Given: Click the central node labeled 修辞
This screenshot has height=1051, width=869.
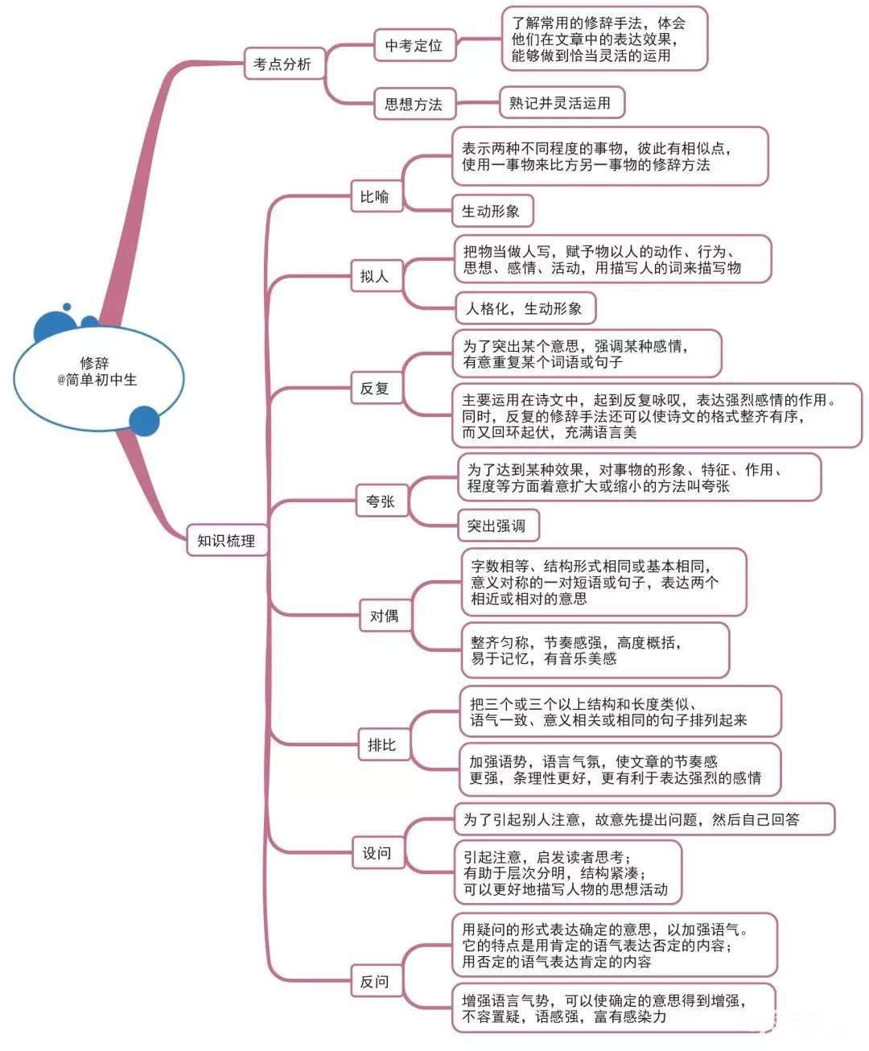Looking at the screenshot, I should (x=98, y=371).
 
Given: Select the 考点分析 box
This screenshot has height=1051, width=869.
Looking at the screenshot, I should (x=283, y=64).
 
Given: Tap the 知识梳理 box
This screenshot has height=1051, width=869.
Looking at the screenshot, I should (x=226, y=541).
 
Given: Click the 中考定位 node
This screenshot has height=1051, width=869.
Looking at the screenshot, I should (x=414, y=46).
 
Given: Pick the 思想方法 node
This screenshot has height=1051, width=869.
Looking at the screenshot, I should (x=414, y=104).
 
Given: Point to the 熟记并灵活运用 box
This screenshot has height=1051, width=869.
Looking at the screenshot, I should (x=561, y=103).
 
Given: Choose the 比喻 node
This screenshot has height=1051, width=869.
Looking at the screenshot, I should (x=375, y=196).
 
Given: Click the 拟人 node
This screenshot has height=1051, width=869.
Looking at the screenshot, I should (x=375, y=276).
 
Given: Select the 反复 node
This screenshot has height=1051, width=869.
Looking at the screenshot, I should (x=375, y=388).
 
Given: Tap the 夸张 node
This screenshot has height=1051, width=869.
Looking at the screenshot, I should (x=381, y=501).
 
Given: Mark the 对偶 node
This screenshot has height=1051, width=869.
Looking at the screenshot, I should (x=385, y=616).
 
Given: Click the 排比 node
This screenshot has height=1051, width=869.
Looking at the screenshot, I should (x=382, y=744).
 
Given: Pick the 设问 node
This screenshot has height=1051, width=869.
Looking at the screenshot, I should (x=377, y=853).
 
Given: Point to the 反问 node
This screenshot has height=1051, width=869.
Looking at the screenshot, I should (x=375, y=981).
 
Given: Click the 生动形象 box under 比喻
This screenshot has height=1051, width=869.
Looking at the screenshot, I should (x=492, y=212).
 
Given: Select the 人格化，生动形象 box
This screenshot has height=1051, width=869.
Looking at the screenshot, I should (x=525, y=308).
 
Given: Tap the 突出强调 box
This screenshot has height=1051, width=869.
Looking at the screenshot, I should (x=497, y=525).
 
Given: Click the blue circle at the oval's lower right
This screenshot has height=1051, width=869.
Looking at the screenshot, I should (x=144, y=421).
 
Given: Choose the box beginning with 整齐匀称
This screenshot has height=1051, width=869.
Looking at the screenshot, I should (x=594, y=650).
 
